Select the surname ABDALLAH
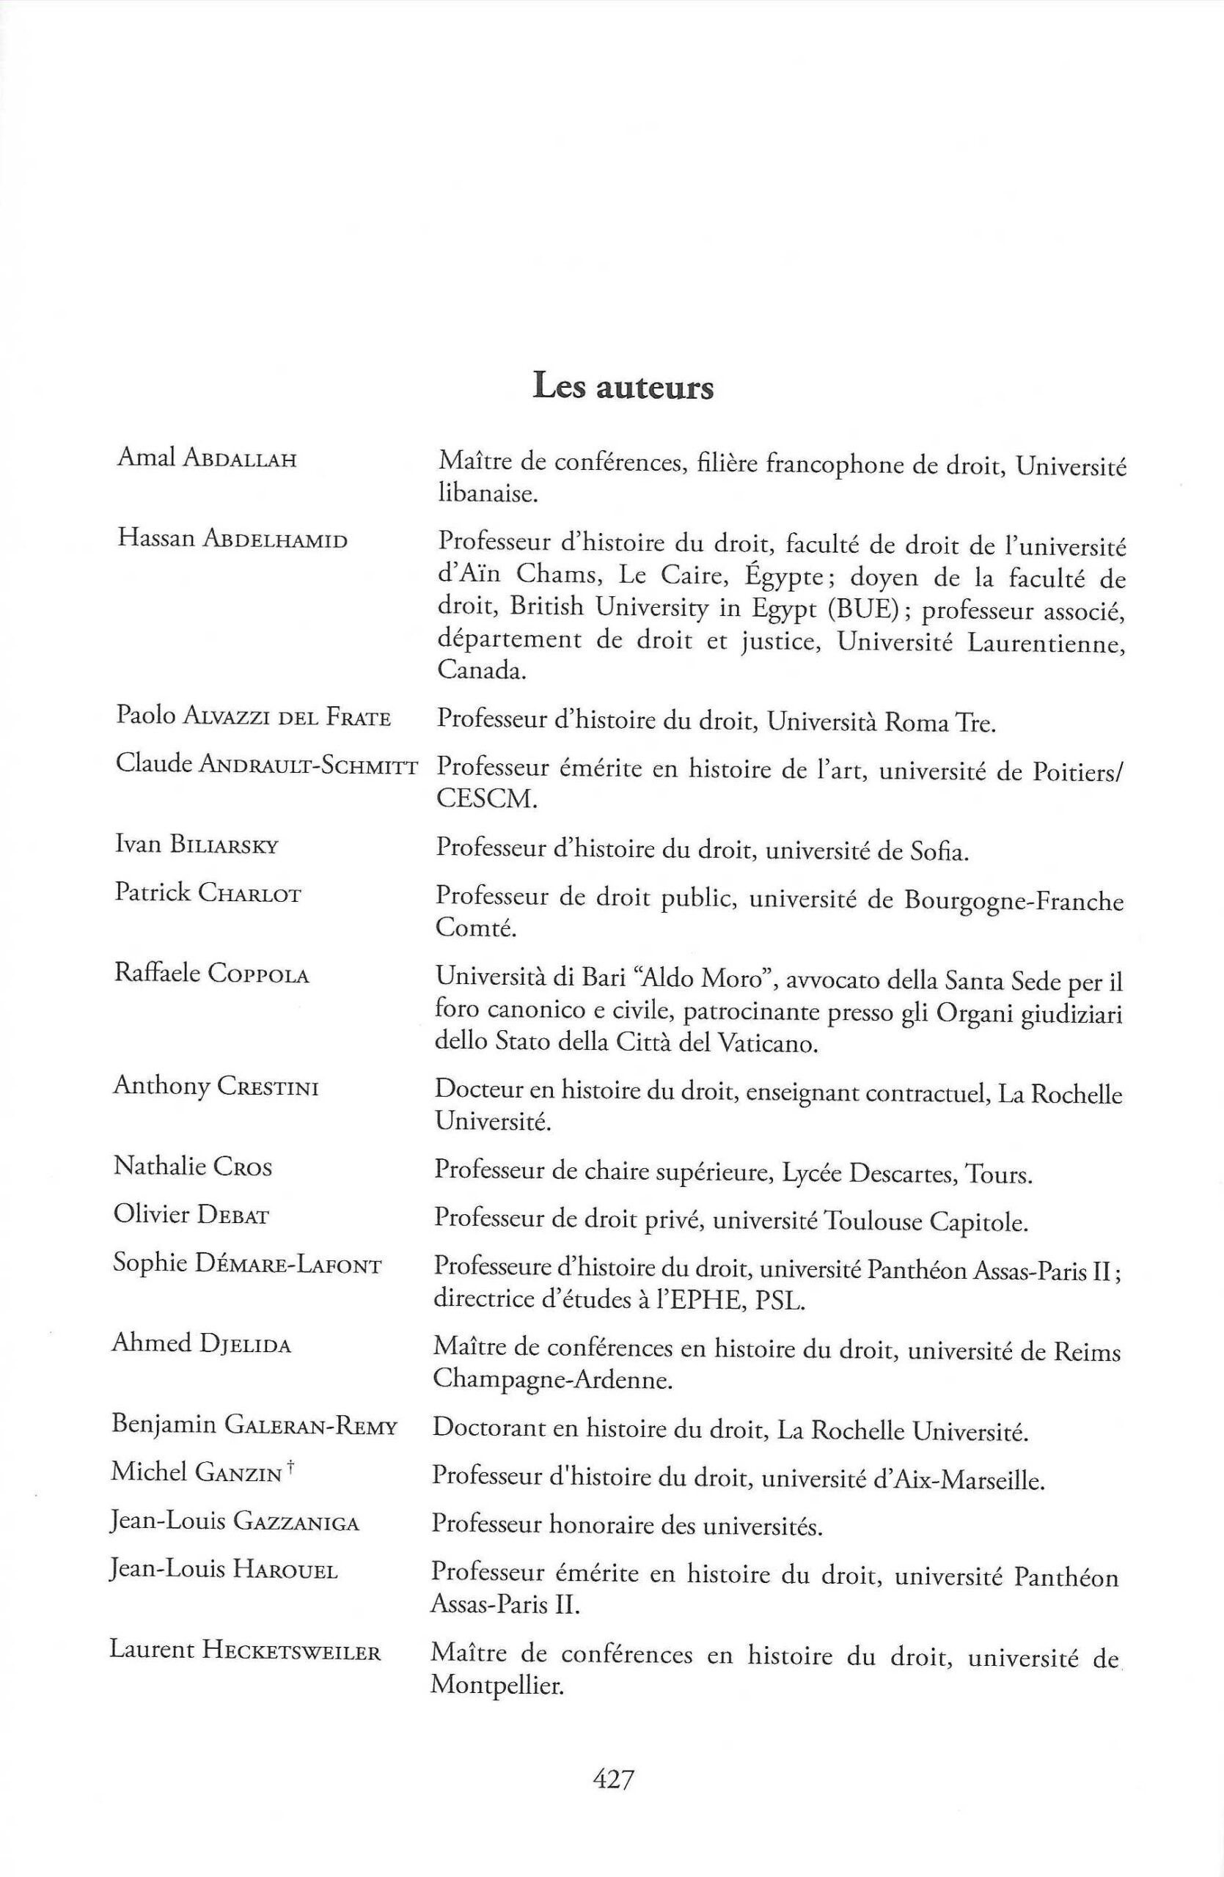(x=239, y=460)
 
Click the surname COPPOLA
(x=259, y=974)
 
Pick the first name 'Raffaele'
(x=156, y=972)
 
